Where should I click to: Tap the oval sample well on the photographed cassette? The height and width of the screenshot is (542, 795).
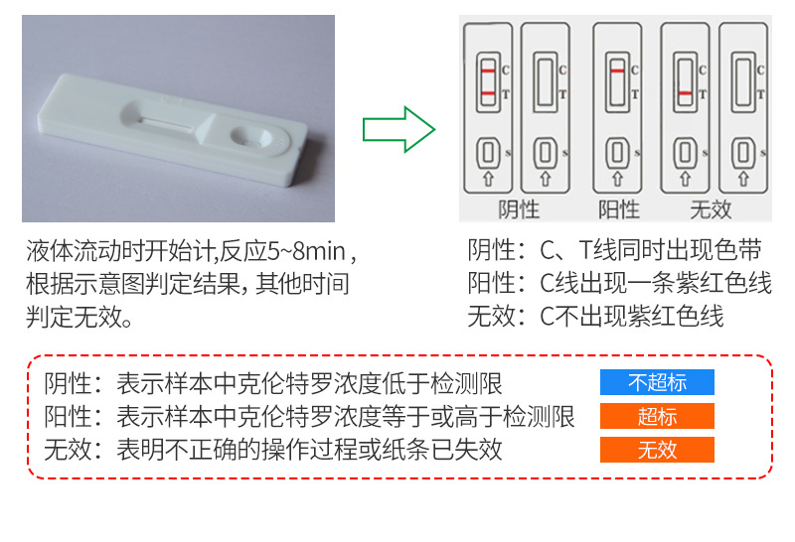[x=247, y=134]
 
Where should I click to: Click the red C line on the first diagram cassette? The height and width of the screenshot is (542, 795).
[x=488, y=71]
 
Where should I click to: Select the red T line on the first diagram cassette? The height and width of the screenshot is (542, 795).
[x=488, y=93]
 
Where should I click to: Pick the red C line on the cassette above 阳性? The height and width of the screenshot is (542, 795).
[x=617, y=72]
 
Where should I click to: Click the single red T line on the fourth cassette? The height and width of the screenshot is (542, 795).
[x=685, y=93]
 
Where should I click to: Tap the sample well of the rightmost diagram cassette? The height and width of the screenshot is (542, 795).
[x=742, y=153]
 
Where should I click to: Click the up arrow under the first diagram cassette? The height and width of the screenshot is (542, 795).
[x=488, y=180]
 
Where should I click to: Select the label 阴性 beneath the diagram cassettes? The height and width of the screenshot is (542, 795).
[x=519, y=208]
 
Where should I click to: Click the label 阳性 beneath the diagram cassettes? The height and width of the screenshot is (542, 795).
[x=618, y=208]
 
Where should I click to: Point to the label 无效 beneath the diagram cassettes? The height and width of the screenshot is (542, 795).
[x=711, y=208]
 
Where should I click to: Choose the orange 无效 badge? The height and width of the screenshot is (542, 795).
[x=657, y=450]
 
